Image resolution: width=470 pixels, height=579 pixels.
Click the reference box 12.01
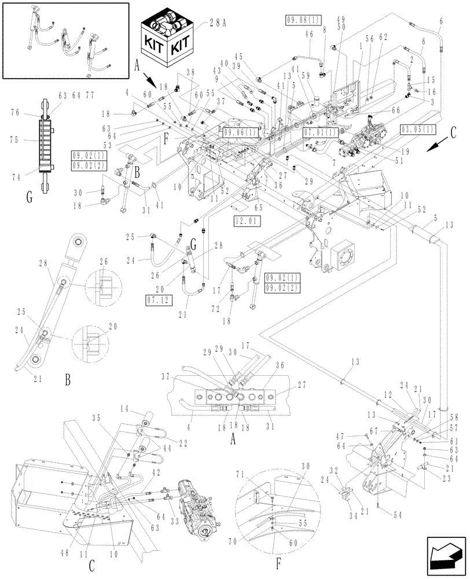click(247, 220)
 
